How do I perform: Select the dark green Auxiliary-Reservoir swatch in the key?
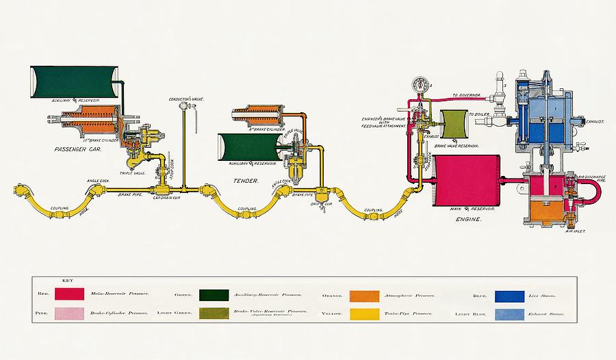point(214,295)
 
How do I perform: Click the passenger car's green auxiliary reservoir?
point(74,80)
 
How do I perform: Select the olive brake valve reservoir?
point(452,126)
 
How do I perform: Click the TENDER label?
point(246,181)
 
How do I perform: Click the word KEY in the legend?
point(67,280)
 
